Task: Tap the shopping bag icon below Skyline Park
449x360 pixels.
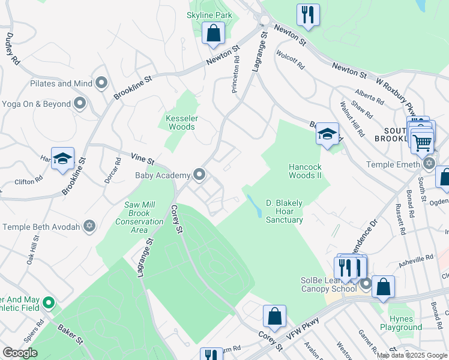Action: tap(213, 34)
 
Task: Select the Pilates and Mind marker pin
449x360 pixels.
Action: tap(101, 83)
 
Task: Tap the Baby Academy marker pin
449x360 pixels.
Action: tap(200, 175)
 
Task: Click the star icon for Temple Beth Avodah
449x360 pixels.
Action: tap(89, 226)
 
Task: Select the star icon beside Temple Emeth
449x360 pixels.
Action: tap(429, 163)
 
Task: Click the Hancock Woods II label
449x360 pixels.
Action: tap(306, 171)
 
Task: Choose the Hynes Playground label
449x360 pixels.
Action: tap(401, 323)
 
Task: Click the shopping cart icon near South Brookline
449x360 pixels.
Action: tap(422, 142)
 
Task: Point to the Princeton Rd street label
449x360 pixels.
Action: tap(236, 76)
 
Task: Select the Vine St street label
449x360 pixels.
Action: tap(143, 159)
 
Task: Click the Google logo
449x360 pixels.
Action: tap(20, 353)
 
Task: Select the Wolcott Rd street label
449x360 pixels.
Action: tap(291, 60)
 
